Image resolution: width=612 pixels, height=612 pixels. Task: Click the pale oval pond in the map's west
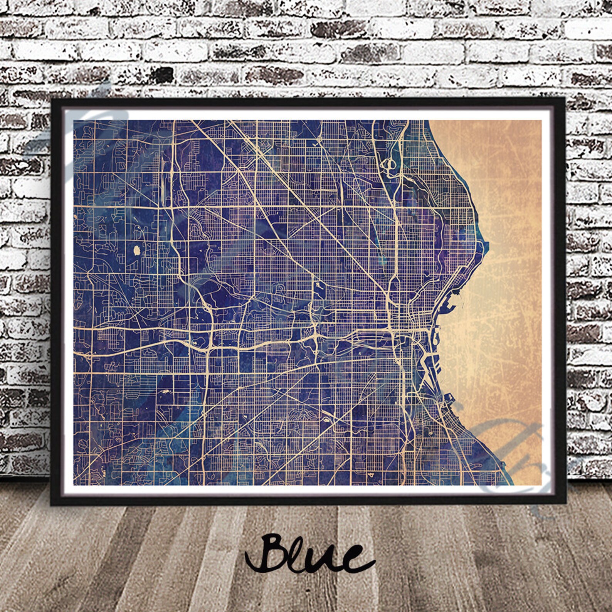point(137,251)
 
